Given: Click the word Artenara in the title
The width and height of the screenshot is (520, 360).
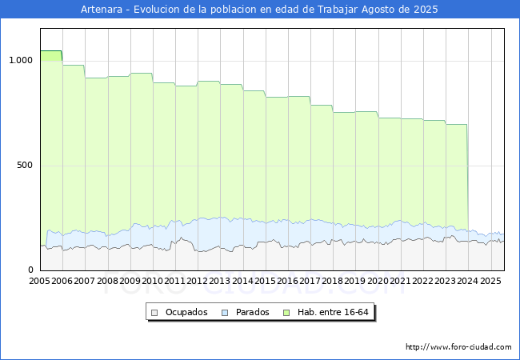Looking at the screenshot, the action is pos(102,10).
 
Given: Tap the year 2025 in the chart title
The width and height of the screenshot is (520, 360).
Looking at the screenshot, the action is pos(426,10).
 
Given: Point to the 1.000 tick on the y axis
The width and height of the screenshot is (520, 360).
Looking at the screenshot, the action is pos(21,60).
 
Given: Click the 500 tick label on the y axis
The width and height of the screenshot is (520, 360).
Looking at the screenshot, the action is pos(25,165).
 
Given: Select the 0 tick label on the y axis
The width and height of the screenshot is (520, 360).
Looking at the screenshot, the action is pos(30,270).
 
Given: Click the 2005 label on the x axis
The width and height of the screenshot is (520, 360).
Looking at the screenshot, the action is pos(39,281).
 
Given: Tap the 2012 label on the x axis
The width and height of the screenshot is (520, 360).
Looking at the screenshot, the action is pos(197,281).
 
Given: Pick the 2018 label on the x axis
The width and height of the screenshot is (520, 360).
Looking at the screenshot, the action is pos(332,281).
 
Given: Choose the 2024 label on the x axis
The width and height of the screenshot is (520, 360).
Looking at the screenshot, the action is pos(468,281).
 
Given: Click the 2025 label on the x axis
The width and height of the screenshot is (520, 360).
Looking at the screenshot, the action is pos(490,281).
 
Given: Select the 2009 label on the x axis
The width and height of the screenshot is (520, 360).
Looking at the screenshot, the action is pos(130,281).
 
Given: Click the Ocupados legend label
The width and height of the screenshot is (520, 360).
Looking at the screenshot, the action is pos(186,312).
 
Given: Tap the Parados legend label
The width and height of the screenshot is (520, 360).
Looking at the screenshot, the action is pos(252,312).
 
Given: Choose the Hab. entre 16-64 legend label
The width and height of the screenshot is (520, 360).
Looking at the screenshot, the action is pos(333,312).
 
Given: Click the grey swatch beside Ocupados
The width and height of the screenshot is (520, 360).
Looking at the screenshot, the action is pos(154,313).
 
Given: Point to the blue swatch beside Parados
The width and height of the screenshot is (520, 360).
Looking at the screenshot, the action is pos(225,313).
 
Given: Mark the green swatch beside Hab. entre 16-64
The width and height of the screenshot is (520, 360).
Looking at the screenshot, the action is pos(286,313).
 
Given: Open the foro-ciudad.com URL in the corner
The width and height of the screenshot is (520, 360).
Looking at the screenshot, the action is pos(458,347).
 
